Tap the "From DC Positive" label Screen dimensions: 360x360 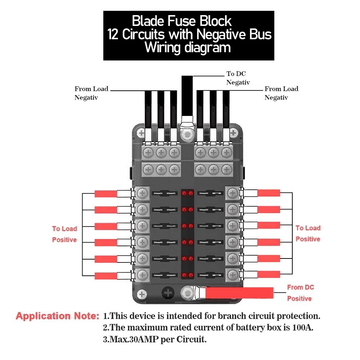[x=300, y=293]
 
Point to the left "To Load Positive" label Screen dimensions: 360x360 [x=64, y=234]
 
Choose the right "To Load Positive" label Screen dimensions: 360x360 [x=308, y=233]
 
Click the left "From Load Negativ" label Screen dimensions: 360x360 [x=91, y=93]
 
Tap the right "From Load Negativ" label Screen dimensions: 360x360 [x=281, y=93]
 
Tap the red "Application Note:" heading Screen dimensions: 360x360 [x=57, y=317]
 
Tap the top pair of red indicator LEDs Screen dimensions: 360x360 [x=186, y=194]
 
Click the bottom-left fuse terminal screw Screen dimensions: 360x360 [x=143, y=275]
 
